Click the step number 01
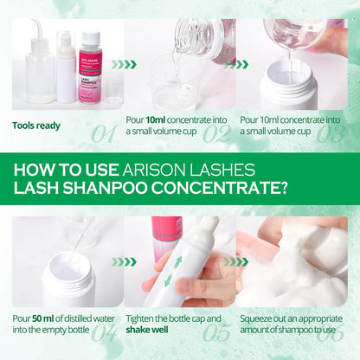[103, 133]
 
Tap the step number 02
[216, 133]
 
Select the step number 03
[330, 133]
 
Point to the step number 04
[103, 331]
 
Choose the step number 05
[216, 331]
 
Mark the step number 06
[330, 331]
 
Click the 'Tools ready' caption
[36, 125]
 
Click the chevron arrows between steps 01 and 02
[125, 64]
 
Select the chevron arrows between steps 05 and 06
[236, 260]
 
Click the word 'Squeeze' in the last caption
[258, 318]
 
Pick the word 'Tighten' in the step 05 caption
[144, 318]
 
